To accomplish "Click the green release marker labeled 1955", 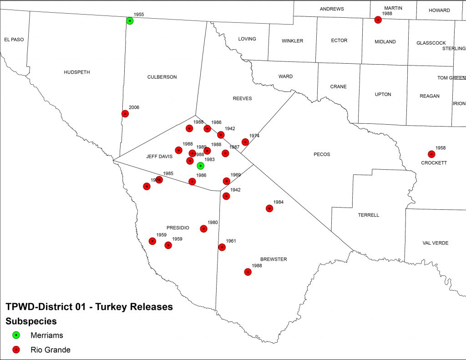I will click(x=130, y=20).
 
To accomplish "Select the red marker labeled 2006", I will click(x=125, y=114).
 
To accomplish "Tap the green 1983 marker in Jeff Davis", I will click(x=200, y=166).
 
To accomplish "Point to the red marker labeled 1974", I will click(x=245, y=142).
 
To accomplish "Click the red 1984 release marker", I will click(x=269, y=208).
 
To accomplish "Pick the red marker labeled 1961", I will click(x=222, y=247).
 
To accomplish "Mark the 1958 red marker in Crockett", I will click(x=431, y=154).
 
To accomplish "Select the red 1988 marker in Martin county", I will click(x=378, y=20).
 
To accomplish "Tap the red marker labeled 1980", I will click(x=204, y=228).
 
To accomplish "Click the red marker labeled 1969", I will click(x=226, y=181).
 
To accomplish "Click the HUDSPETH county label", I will click(x=77, y=72).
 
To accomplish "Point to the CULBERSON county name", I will click(x=162, y=77).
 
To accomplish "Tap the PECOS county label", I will click(x=322, y=154).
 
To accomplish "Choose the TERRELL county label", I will click(x=369, y=215).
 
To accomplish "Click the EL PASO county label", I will click(x=14, y=40).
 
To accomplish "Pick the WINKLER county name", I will click(x=292, y=41).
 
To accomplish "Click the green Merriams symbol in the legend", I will click(x=16, y=335).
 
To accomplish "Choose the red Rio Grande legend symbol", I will click(x=16, y=350).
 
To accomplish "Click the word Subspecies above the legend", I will click(x=31, y=321).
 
